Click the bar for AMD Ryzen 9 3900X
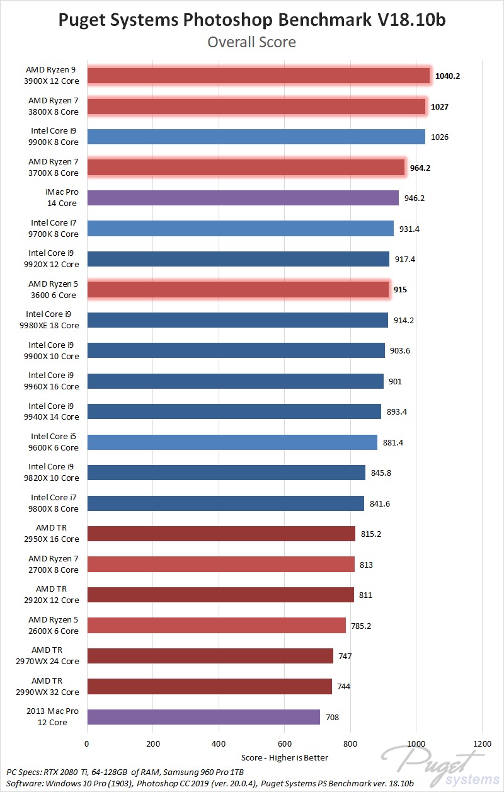tap(258, 76)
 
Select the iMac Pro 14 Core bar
tap(243, 198)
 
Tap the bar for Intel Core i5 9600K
tap(232, 442)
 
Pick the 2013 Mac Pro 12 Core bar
tap(203, 717)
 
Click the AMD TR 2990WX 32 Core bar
tap(209, 686)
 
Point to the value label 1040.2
tap(447, 76)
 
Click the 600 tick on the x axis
tap(284, 743)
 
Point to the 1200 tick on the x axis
tap(481, 743)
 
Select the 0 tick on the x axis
tap(87, 743)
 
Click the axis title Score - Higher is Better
tap(284, 757)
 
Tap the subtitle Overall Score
tap(251, 42)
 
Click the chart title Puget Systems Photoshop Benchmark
tap(251, 20)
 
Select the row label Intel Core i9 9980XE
tap(53, 320)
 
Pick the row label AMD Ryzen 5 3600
tap(53, 289)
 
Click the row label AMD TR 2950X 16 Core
tap(53, 534)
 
